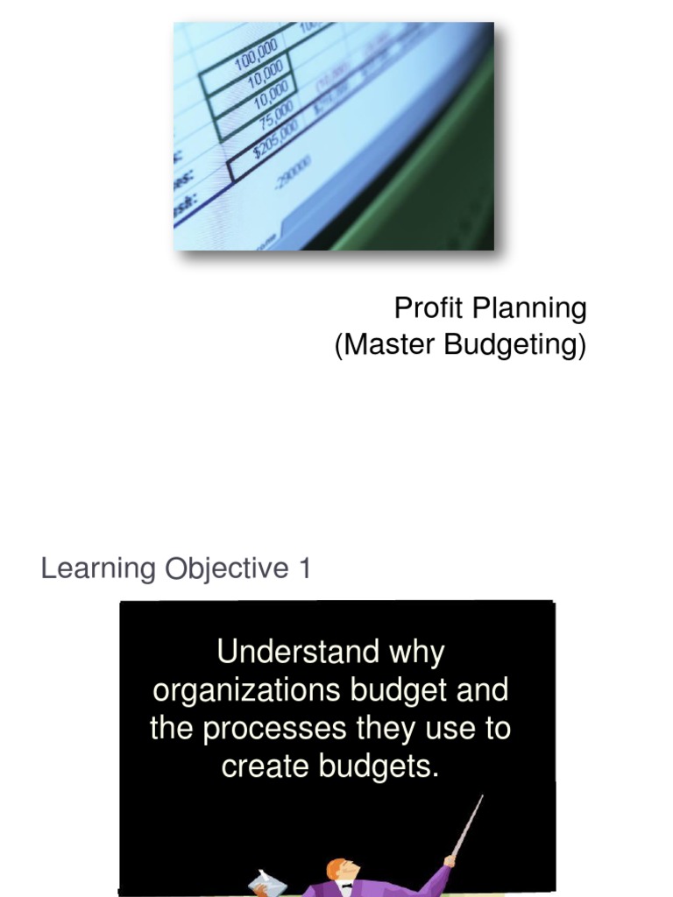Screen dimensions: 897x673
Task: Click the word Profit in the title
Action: pos(429,308)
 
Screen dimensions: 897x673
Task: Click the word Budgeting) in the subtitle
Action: pos(515,345)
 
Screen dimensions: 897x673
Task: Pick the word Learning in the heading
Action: pos(97,569)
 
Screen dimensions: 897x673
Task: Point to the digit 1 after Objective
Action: pos(304,569)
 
